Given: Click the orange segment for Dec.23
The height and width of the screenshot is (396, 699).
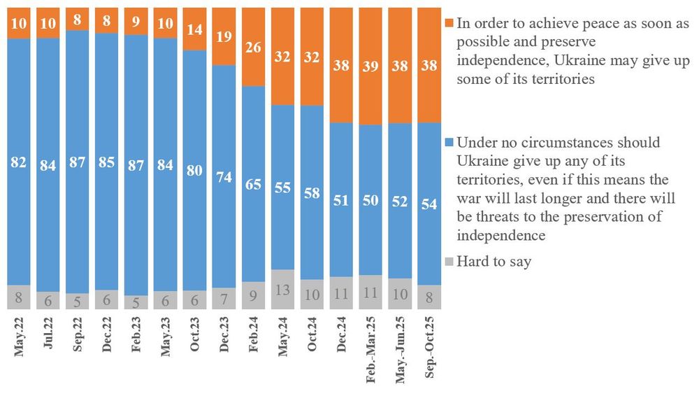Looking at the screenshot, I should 223,36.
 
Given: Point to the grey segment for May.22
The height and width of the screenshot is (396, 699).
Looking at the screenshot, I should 19,297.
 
